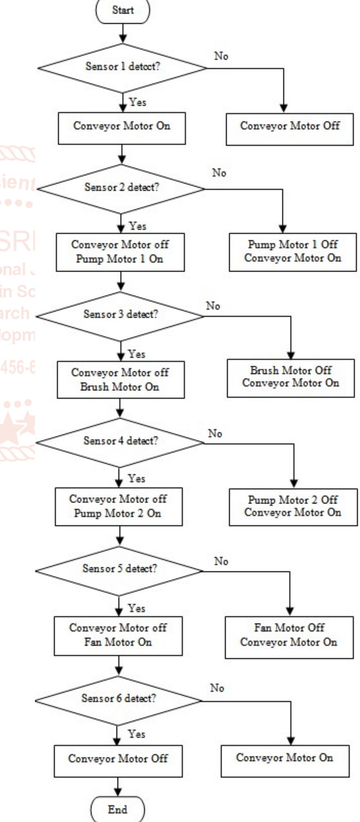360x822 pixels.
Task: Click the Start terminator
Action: (x=123, y=11)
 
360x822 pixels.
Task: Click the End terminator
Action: (x=117, y=809)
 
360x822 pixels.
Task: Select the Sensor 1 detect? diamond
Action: (x=122, y=67)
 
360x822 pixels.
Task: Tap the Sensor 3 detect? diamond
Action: (x=120, y=316)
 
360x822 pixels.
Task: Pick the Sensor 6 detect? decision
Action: (x=118, y=700)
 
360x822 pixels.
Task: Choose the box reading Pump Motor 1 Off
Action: (x=293, y=252)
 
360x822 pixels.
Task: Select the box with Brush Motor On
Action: (x=121, y=380)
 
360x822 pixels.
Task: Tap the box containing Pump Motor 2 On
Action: (x=119, y=506)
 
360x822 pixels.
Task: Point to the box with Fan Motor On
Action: (x=118, y=636)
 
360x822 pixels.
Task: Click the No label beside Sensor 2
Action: (x=219, y=173)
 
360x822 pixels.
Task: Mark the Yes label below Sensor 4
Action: (x=137, y=478)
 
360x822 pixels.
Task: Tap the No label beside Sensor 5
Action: (x=221, y=561)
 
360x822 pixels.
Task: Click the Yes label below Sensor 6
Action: (x=137, y=734)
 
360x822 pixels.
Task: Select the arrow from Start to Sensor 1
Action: (x=123, y=34)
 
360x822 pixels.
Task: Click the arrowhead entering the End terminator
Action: (x=118, y=793)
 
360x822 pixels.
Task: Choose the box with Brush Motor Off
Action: (x=291, y=378)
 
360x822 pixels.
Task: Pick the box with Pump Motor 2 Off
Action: (x=293, y=506)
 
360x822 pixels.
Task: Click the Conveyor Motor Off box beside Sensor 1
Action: (x=290, y=129)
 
